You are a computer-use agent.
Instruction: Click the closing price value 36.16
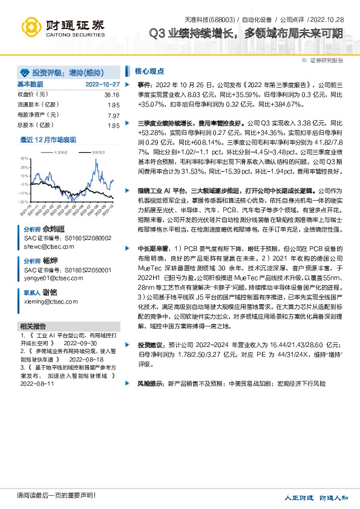[x=111, y=96]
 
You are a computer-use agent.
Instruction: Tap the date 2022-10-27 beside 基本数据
[x=102, y=85]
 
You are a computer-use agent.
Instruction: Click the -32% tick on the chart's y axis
[x=24, y=201]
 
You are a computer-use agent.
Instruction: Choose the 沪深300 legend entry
[x=96, y=153]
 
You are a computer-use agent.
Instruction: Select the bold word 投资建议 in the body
[x=151, y=344]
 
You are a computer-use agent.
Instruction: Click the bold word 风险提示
[x=151, y=383]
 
